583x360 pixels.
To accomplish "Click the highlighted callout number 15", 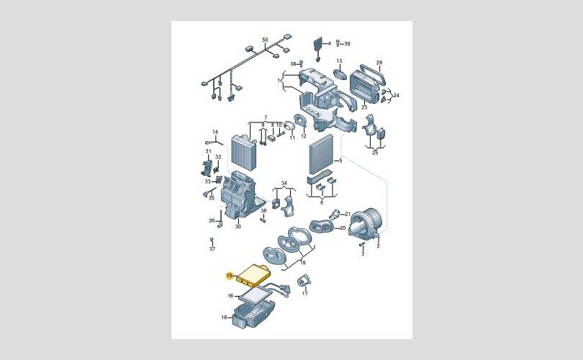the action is coord(230,276).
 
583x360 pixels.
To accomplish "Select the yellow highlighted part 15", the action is coord(254,275).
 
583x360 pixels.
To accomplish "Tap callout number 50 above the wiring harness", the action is coord(265,40).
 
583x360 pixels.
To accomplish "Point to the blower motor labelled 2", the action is coord(365,222).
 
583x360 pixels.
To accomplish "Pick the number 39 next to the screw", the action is coord(347,43).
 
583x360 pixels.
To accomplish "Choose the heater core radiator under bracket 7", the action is coord(244,153).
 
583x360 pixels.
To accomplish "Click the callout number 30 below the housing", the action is coord(238,226).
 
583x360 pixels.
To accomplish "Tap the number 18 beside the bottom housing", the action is coord(224,318).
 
